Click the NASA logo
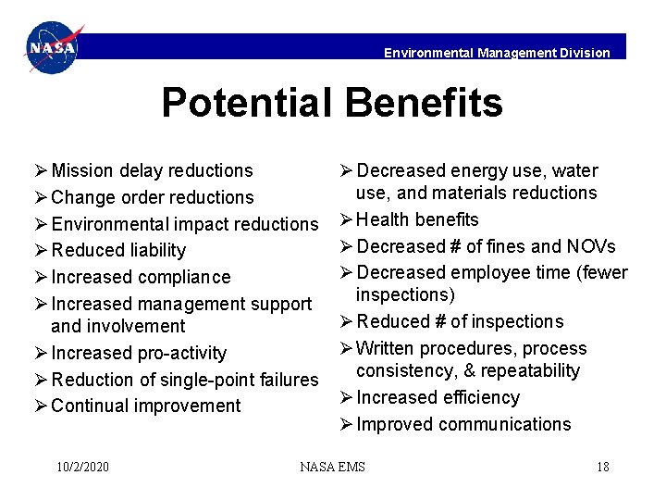point(54,48)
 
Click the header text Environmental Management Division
point(497,53)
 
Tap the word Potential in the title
point(243,103)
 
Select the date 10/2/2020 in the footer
point(82,467)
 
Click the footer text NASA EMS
point(332,467)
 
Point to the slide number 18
point(602,467)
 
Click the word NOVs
point(591,246)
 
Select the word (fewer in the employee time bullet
point(603,272)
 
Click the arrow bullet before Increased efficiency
point(345,397)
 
